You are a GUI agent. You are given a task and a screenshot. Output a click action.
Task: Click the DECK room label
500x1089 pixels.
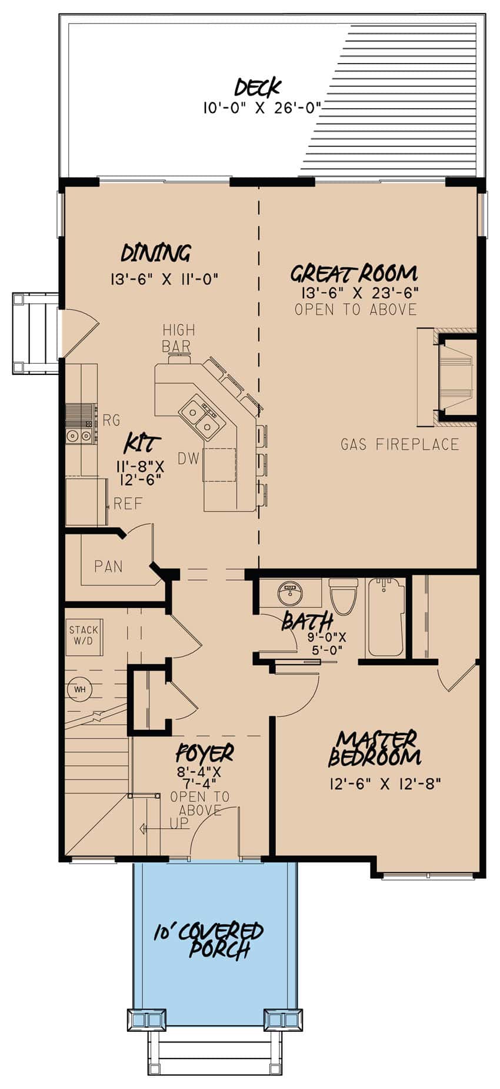(x=257, y=88)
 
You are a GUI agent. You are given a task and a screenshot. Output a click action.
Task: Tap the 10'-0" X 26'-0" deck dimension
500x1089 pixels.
(x=262, y=108)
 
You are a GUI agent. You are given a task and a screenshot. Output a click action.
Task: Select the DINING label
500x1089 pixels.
(x=156, y=253)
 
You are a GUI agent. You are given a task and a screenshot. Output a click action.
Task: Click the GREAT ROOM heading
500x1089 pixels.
(x=354, y=274)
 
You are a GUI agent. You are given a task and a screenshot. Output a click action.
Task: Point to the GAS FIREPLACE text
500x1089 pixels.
(x=399, y=444)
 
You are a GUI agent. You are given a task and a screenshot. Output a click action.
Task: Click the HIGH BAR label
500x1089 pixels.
(x=178, y=338)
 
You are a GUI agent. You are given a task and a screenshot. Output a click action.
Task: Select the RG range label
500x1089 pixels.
(x=111, y=420)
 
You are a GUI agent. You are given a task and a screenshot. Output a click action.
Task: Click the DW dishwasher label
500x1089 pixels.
(x=188, y=459)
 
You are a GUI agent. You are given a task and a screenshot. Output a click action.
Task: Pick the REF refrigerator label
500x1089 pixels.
(x=128, y=504)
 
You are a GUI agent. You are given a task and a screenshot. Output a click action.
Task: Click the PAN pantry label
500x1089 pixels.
(x=109, y=566)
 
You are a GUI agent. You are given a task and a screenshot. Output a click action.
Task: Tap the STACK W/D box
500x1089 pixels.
(x=84, y=636)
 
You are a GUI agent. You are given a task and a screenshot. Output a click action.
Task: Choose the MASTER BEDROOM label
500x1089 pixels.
(x=374, y=748)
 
